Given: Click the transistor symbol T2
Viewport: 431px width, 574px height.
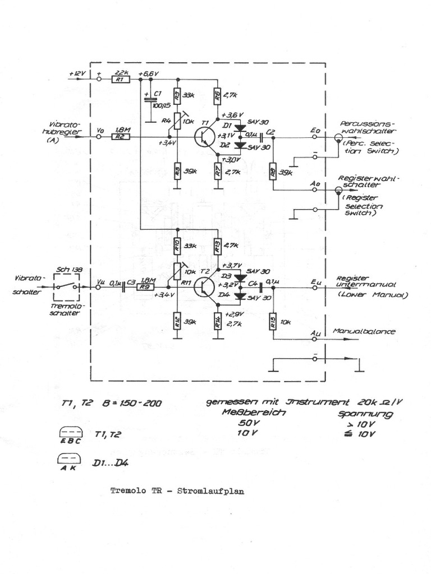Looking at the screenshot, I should tap(203, 286).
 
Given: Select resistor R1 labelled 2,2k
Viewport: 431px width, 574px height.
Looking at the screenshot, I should tap(118, 80).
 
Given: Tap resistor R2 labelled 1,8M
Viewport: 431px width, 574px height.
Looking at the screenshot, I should tap(121, 137).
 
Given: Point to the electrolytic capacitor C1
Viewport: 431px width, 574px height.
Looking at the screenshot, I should tap(150, 100).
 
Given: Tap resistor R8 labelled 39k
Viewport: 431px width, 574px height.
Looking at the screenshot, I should tap(273, 170).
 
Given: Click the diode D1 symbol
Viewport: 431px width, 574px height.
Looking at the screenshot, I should tap(241, 128).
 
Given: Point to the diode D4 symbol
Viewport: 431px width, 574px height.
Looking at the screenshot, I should tap(241, 296).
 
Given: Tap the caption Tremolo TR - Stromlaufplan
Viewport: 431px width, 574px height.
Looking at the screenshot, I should tap(177, 490).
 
